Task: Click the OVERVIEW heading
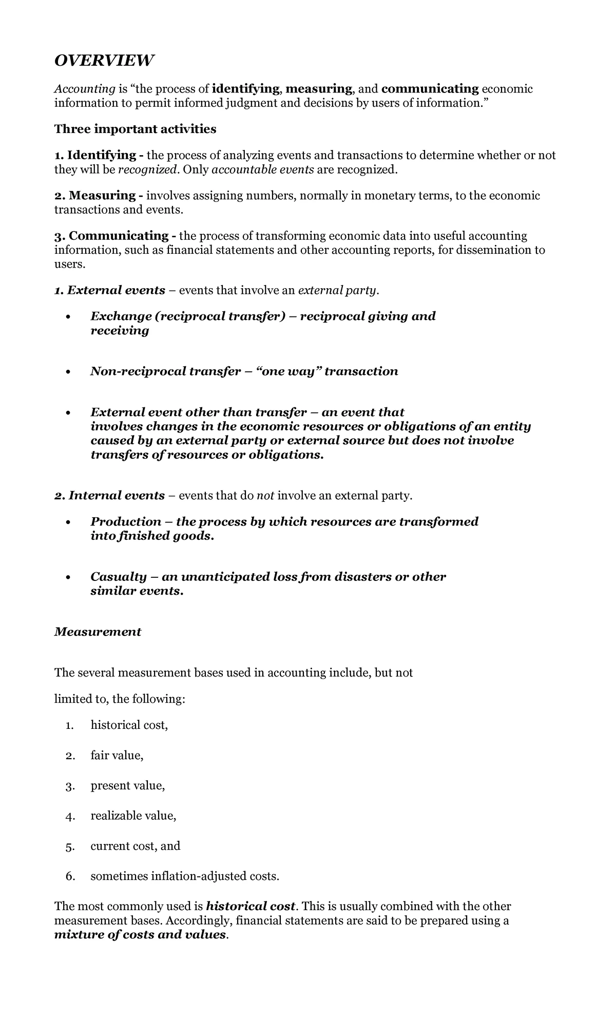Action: (x=104, y=61)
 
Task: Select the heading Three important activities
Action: (x=135, y=129)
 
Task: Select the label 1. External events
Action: (x=109, y=291)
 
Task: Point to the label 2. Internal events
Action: (x=109, y=496)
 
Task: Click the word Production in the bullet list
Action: (x=126, y=522)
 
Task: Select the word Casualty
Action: (x=119, y=577)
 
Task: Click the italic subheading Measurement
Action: (x=98, y=632)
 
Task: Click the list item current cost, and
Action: (x=135, y=847)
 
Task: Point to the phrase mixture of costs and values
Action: (x=140, y=935)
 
